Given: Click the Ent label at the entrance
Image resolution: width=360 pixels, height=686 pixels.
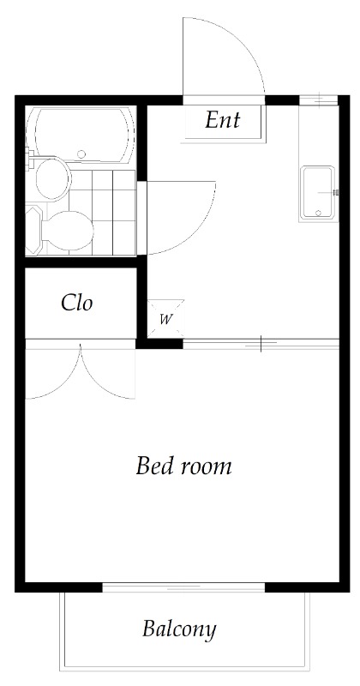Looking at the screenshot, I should tap(222, 120).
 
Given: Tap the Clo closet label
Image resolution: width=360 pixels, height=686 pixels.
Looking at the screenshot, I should tap(77, 303).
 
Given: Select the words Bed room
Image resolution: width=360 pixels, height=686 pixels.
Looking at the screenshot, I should tap(184, 466).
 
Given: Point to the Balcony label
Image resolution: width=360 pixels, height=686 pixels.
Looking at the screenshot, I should tap(179, 629).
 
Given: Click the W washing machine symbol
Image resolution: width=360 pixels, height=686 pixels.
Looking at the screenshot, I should tap(166, 320).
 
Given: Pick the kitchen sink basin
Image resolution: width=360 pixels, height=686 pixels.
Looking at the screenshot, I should tap(319, 192).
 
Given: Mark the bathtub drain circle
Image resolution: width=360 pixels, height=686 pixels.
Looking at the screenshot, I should tap(82, 154).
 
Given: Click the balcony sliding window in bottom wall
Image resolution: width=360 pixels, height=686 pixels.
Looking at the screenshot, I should tap(183, 587).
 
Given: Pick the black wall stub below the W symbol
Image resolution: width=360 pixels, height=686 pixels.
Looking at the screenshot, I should tap(163, 345).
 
